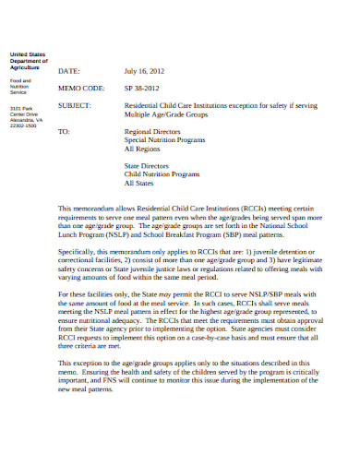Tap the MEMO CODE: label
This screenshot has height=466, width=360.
pyautogui.click(x=80, y=89)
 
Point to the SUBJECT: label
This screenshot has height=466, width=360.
pyautogui.click(x=75, y=105)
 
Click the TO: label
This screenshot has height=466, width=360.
pyautogui.click(x=64, y=131)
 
